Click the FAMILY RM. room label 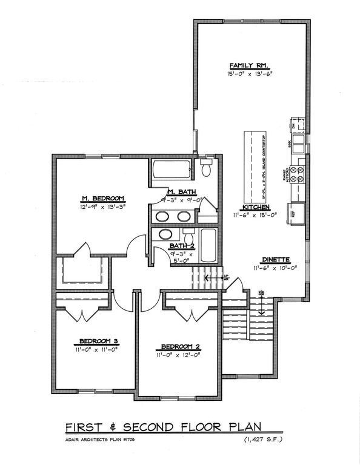[x=248, y=65]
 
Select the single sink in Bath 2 [x=164, y=236]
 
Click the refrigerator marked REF [x=296, y=213]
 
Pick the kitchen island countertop [x=253, y=164]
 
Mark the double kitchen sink [x=298, y=146]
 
